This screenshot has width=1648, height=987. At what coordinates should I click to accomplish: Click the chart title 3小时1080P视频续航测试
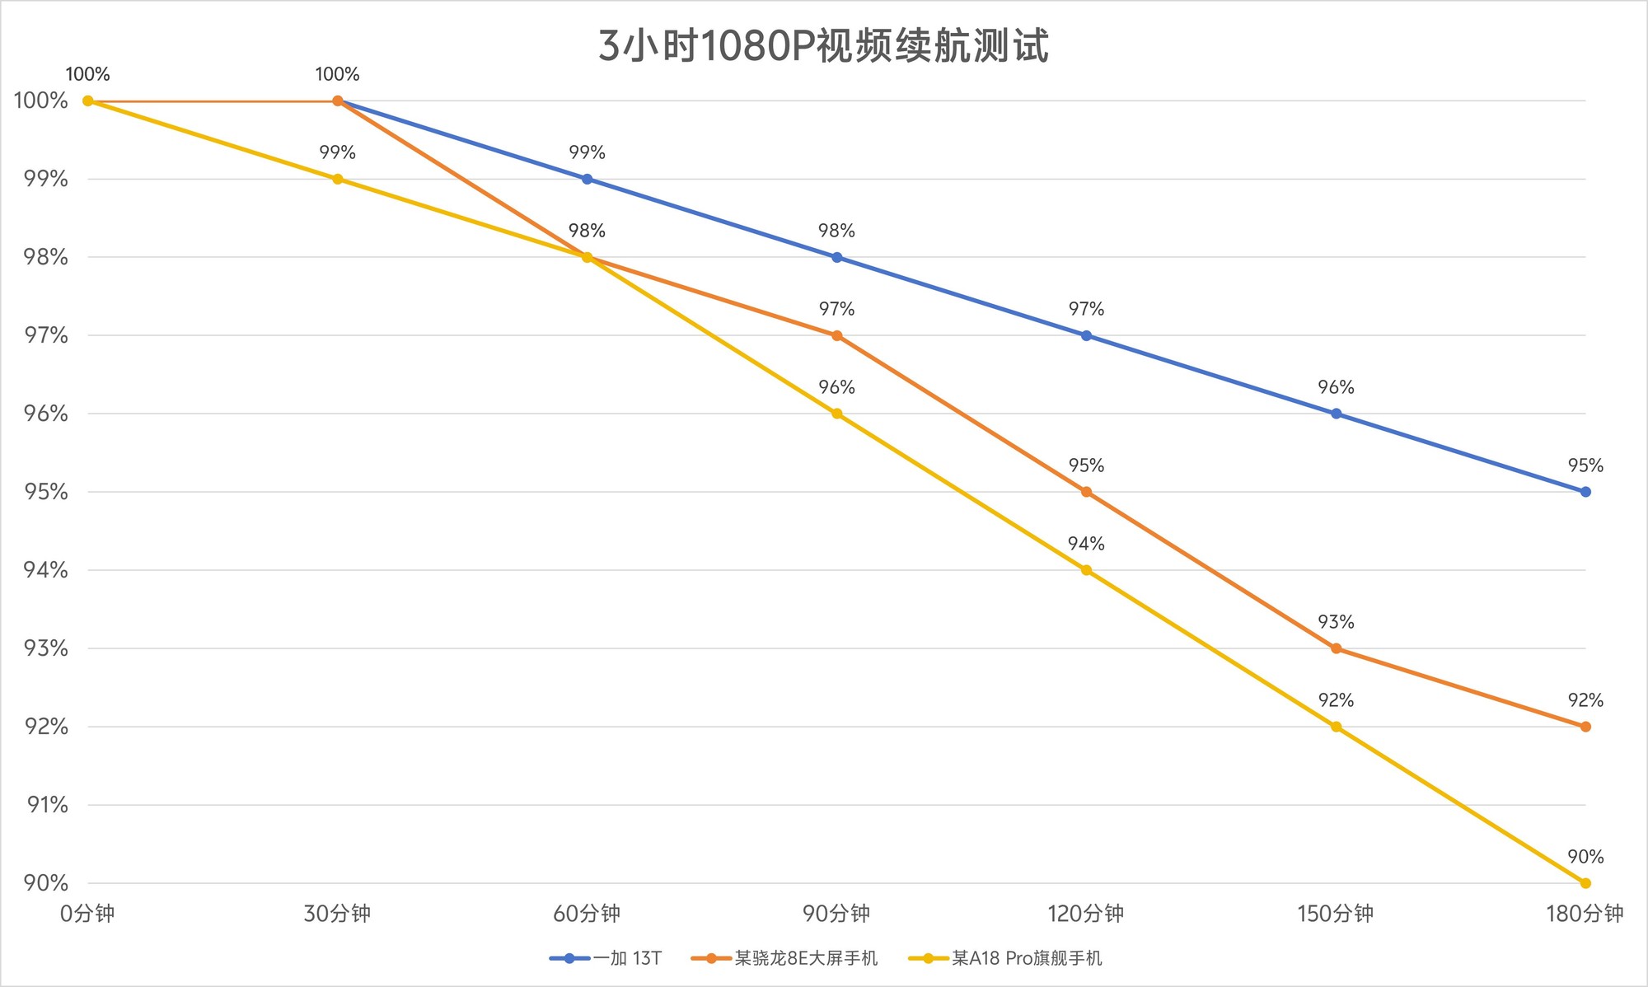point(823,46)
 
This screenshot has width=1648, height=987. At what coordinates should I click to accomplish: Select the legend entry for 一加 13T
point(627,958)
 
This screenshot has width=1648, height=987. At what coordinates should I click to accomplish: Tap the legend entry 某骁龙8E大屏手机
point(806,958)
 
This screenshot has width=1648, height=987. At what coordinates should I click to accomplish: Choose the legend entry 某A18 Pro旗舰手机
point(1027,958)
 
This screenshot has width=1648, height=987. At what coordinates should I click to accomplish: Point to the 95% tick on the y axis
point(41,492)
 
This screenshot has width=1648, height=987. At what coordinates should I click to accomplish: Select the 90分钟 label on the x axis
point(836,914)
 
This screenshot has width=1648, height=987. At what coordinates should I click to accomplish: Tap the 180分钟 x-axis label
point(1585,914)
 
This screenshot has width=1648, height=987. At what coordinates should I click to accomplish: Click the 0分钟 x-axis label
point(87,914)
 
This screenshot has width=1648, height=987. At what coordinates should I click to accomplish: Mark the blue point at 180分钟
point(1585,492)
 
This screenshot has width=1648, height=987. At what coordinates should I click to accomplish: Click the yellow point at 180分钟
point(1585,883)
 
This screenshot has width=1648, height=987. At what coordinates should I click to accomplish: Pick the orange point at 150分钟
point(1336,648)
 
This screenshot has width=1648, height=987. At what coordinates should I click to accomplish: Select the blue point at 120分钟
point(1086,335)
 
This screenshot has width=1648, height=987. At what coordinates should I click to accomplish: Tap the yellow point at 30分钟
point(337,179)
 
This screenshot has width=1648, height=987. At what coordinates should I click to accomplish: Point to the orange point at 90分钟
point(836,335)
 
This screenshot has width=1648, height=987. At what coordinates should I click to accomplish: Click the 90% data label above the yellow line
point(1585,857)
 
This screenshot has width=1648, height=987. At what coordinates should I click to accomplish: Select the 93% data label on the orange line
point(1336,622)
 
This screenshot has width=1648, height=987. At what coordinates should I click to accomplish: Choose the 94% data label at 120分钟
point(1086,544)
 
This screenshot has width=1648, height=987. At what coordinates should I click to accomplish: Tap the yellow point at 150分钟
point(1336,727)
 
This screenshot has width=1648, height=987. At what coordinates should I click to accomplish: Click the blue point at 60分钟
point(587,179)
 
